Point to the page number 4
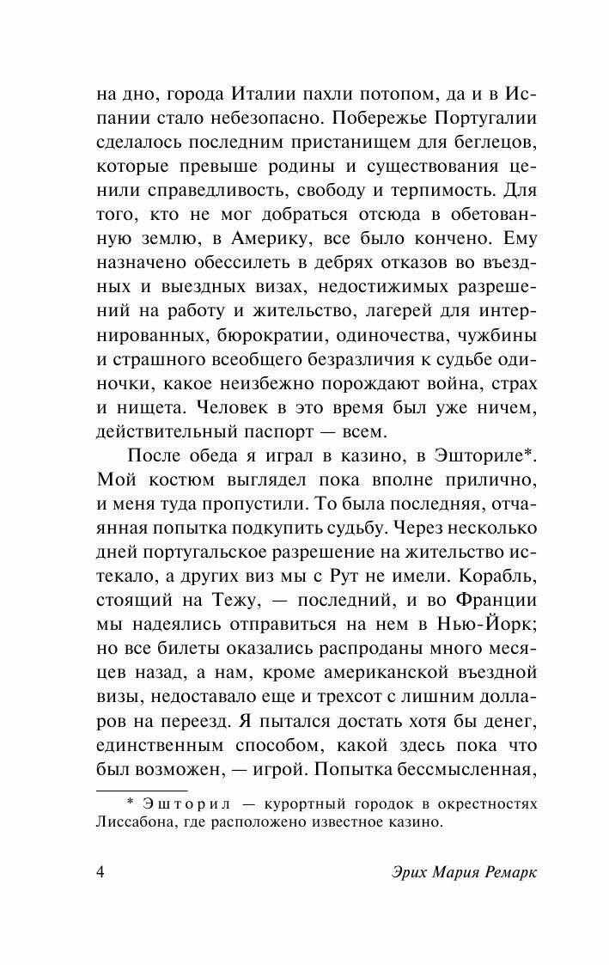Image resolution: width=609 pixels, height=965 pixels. point(100,872)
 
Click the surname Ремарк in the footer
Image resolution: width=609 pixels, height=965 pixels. point(503,872)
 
